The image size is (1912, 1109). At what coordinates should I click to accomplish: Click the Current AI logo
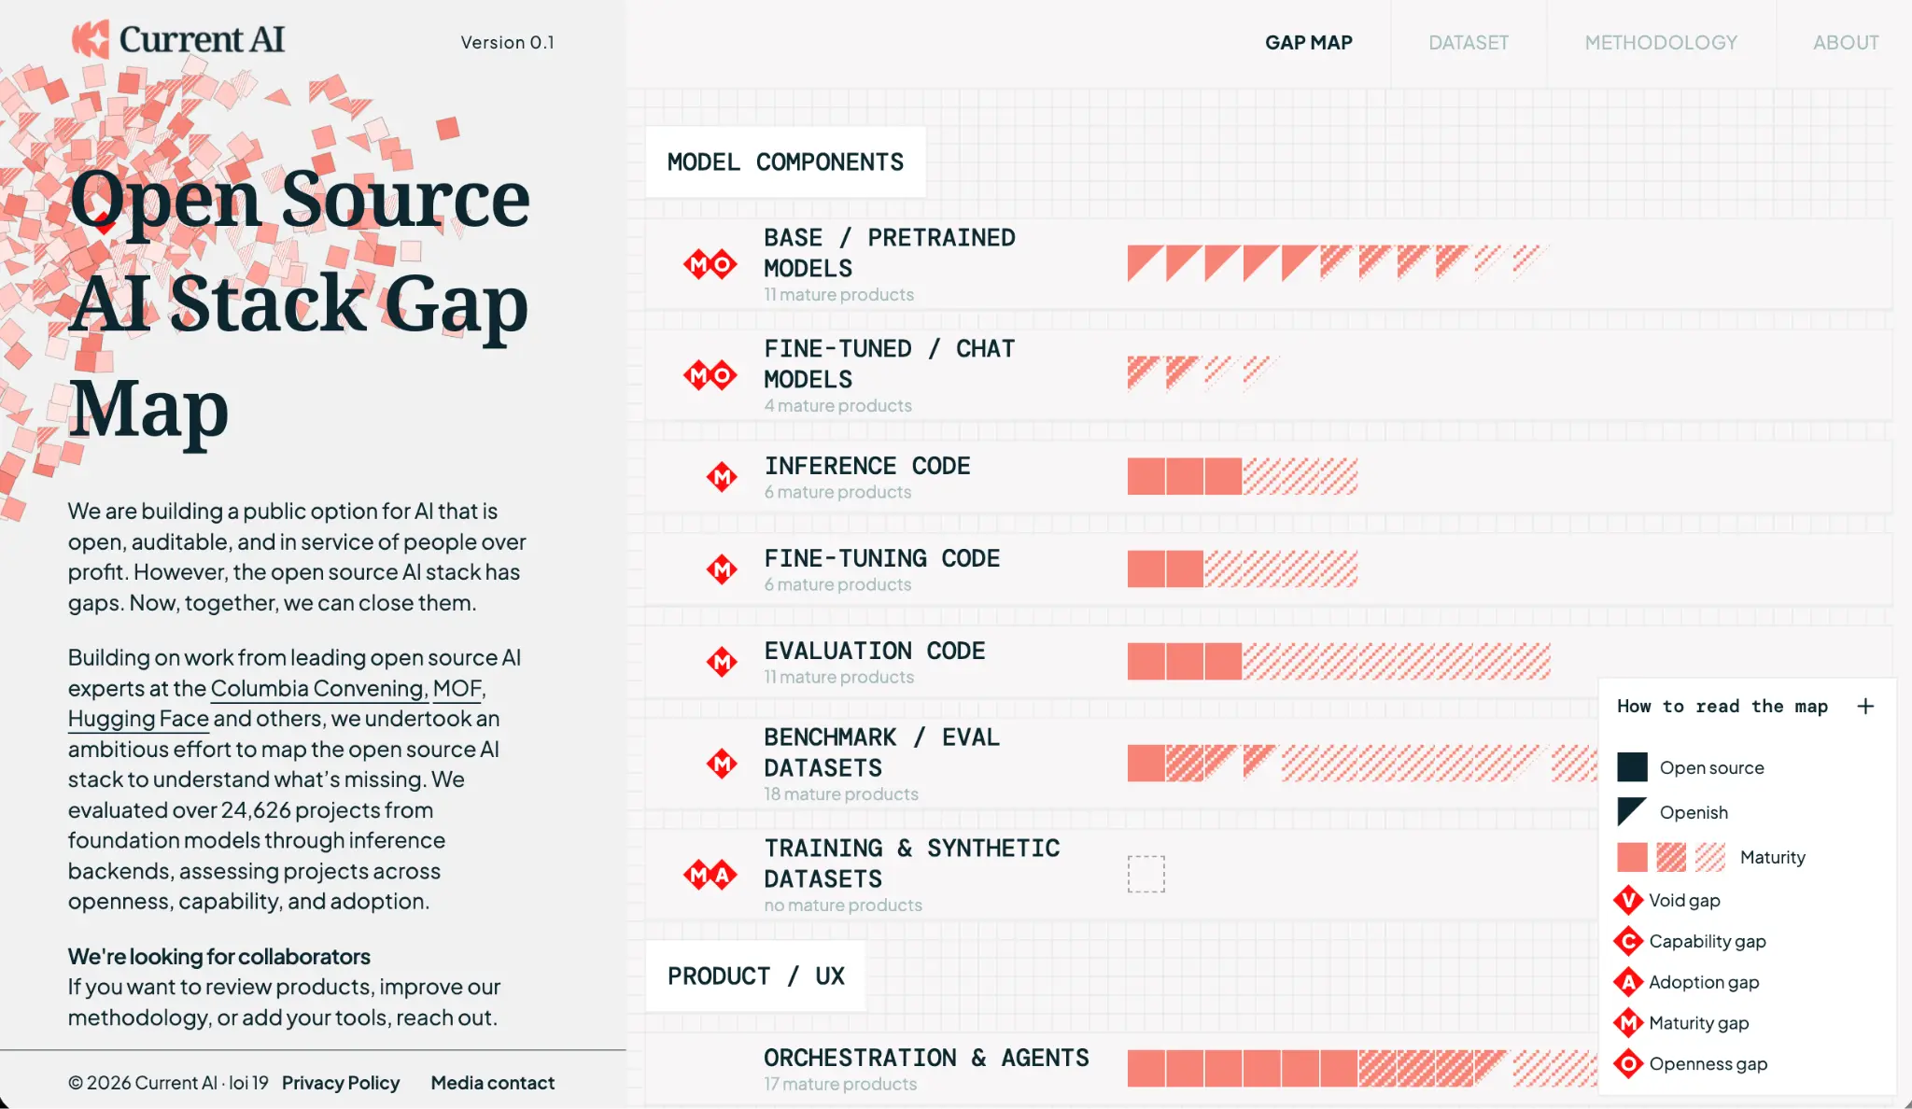coord(178,39)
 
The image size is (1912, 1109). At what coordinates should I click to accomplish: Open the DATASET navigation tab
coord(1469,42)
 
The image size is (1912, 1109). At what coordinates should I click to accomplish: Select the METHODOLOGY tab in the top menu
coord(1661,42)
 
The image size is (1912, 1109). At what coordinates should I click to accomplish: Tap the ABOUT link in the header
coord(1846,42)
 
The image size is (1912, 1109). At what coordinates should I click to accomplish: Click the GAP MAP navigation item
coord(1308,42)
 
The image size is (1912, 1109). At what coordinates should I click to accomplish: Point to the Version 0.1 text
coord(507,42)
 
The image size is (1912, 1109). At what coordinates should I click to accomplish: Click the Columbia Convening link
coord(318,688)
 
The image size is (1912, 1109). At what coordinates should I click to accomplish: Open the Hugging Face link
coord(138,719)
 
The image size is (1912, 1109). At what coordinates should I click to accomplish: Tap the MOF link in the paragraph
coord(457,688)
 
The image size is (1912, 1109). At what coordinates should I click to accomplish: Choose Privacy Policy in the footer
coord(341,1083)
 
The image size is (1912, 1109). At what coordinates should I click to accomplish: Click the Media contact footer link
coord(493,1083)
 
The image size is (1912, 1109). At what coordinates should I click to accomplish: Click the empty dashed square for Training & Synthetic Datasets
coord(1146,874)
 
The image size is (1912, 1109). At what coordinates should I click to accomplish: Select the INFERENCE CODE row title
coord(867,466)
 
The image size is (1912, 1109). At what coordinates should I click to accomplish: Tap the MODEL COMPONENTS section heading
coord(785,161)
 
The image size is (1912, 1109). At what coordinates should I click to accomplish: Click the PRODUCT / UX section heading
coord(756,976)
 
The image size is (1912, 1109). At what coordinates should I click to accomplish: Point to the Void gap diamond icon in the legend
coord(1628,900)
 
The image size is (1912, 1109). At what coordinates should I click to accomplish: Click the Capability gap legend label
coord(1708,941)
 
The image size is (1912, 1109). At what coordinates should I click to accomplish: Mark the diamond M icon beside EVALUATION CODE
coord(722,662)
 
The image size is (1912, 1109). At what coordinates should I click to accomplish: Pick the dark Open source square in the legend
coord(1632,767)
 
